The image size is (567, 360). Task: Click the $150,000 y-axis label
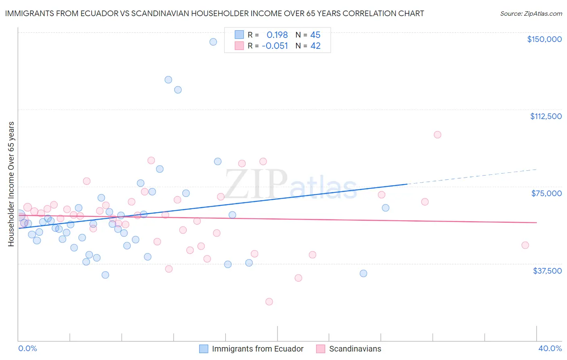(x=544, y=39)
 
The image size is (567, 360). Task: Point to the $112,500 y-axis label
(x=546, y=116)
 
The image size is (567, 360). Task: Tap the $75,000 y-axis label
(x=546, y=193)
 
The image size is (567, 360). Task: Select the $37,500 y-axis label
(x=547, y=271)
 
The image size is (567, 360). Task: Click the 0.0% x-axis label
(x=27, y=348)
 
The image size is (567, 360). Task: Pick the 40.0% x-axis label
(x=550, y=348)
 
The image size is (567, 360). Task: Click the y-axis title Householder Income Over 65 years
(x=11, y=184)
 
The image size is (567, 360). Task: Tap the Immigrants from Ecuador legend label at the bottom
(x=258, y=349)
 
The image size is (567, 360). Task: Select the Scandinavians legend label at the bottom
(x=355, y=349)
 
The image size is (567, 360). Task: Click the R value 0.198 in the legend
(x=277, y=35)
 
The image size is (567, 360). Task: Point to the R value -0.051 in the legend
(x=275, y=46)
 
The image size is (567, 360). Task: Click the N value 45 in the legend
(x=315, y=35)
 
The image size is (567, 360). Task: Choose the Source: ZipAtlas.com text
(x=531, y=14)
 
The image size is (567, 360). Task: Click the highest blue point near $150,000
(x=213, y=42)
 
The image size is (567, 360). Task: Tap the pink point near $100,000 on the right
(x=438, y=135)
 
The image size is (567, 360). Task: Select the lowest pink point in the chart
(x=269, y=301)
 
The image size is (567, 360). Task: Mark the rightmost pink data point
(x=525, y=245)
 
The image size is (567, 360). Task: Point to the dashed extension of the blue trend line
(x=472, y=177)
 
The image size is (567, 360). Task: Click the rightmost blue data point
(x=386, y=208)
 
